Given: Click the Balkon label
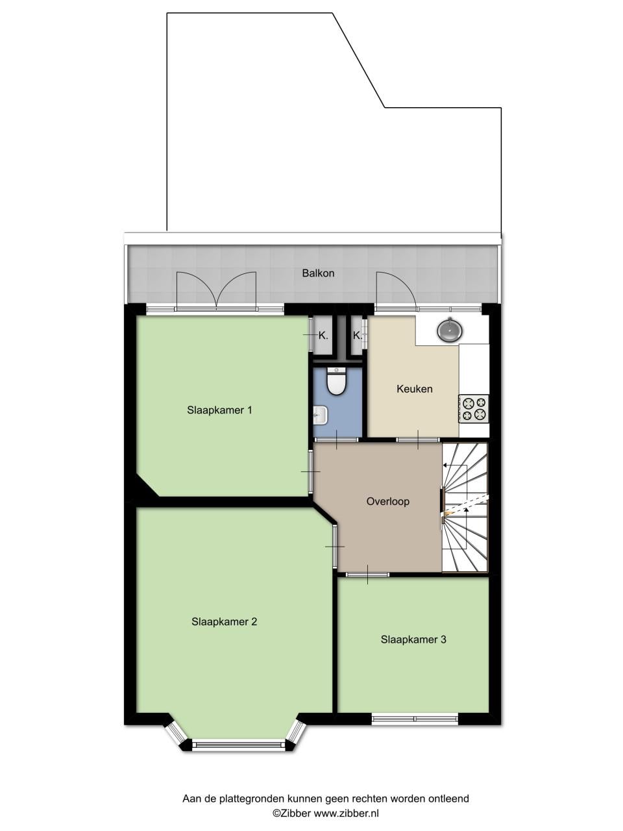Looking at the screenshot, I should (318, 273).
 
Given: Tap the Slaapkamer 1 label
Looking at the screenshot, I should (219, 410).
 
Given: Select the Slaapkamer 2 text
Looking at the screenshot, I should (224, 621).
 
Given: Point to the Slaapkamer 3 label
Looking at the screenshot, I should (413, 639).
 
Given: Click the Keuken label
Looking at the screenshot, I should (414, 389).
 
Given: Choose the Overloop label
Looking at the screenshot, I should (387, 501).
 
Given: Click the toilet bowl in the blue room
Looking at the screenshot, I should (336, 382).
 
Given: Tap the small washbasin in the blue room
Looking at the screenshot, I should (320, 412).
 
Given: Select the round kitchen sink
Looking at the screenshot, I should (450, 330).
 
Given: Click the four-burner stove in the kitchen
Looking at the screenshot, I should (474, 408).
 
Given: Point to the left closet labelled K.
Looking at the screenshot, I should (323, 336).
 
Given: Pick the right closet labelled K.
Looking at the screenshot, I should (357, 336).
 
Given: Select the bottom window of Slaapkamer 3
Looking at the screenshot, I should (415, 718).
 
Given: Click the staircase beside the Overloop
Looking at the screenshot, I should (465, 508).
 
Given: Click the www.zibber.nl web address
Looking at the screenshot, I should (347, 813).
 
